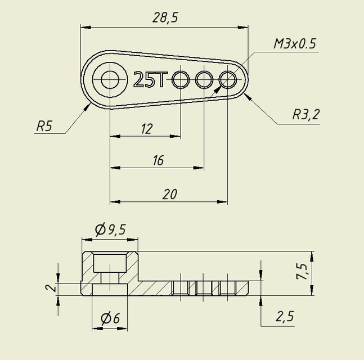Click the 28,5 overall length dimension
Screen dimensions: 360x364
[x=165, y=17]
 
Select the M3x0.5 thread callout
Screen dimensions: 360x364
[x=295, y=44]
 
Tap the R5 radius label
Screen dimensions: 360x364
[x=44, y=125]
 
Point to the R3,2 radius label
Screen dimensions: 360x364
[x=305, y=115]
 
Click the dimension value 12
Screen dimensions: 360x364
[x=146, y=129]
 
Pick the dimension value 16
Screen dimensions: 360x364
[x=158, y=161]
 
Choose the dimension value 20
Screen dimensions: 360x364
[x=169, y=194]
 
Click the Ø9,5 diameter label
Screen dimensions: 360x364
[x=110, y=229]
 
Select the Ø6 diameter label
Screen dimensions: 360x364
[x=110, y=318]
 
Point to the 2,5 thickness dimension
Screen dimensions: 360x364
[x=285, y=316]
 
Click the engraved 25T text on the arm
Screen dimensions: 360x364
[x=150, y=80]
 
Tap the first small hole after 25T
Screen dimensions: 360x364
[x=181, y=80]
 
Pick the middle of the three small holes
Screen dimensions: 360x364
[x=204, y=80]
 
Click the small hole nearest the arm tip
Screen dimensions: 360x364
[x=227, y=79]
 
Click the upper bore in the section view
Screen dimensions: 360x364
[x=110, y=262]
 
